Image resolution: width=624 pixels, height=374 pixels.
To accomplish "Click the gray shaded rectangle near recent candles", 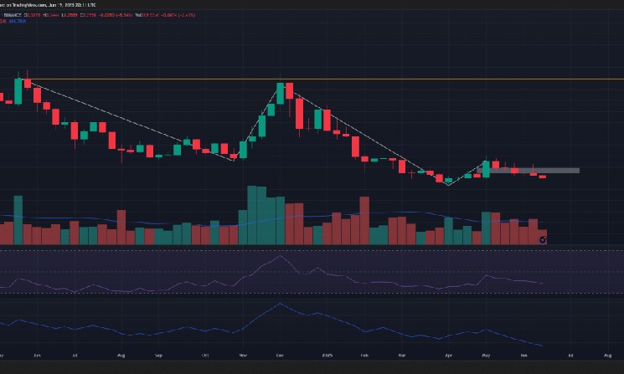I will click(x=536, y=170).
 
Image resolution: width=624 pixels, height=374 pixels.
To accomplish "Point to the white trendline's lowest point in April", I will click(x=448, y=185).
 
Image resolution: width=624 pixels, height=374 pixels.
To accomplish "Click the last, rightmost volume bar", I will click(x=542, y=237).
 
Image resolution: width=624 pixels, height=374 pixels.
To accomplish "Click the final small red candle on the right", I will click(x=542, y=177).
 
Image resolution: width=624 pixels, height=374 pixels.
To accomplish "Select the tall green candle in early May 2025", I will click(x=486, y=168).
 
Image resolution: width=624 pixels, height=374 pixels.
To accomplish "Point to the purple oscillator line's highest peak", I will click(x=280, y=256).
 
